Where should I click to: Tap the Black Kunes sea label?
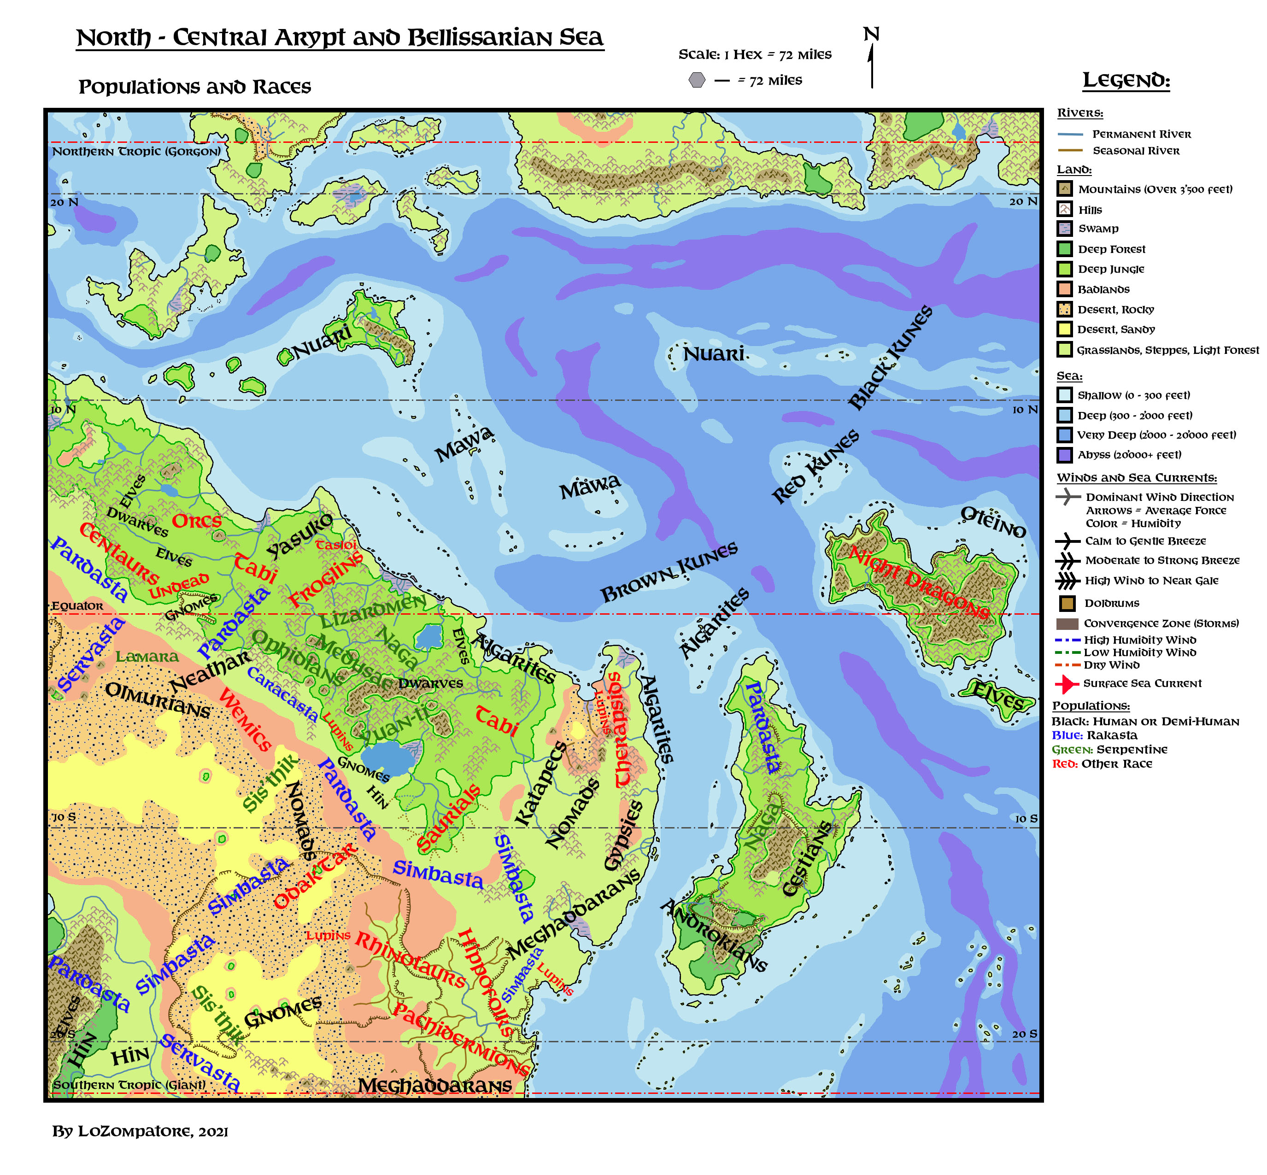coord(891,357)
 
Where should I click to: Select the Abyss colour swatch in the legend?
coord(1064,455)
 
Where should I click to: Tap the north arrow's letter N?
coord(871,35)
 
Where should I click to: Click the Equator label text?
coord(77,606)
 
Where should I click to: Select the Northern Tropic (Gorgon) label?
coord(136,151)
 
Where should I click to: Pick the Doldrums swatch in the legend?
coord(1067,603)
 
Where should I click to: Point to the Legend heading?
coord(1126,81)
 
